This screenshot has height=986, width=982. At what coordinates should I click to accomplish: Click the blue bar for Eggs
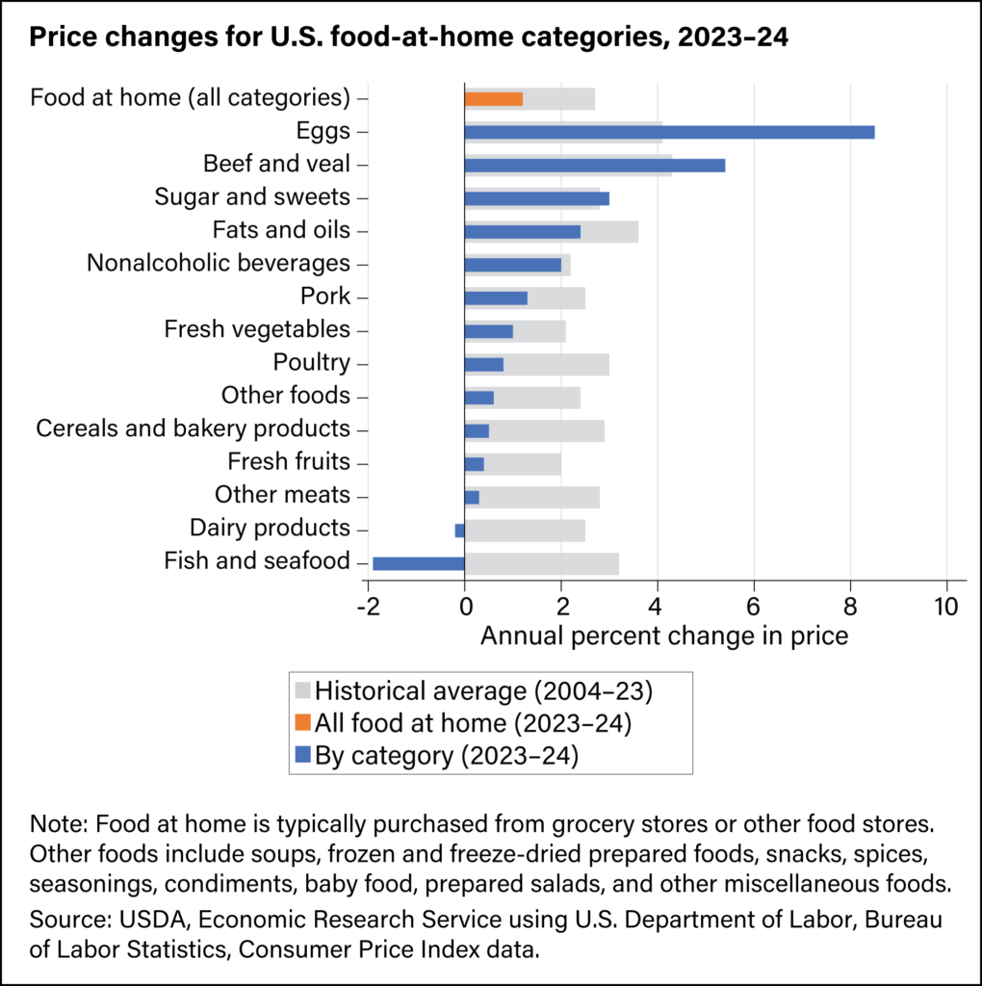[669, 132]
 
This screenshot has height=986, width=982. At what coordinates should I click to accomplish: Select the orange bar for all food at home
[493, 98]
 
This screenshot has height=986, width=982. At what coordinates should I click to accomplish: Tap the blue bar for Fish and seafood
[418, 563]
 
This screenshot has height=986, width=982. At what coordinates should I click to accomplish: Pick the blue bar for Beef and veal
[594, 165]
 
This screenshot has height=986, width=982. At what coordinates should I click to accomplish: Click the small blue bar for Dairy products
[459, 531]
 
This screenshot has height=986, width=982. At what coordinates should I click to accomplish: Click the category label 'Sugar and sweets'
[252, 197]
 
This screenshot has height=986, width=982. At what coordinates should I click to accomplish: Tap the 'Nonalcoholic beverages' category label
[219, 263]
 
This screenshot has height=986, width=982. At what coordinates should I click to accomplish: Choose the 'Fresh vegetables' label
[257, 329]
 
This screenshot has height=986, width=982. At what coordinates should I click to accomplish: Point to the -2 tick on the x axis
[367, 607]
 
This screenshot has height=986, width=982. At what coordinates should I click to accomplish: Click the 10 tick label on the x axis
[947, 607]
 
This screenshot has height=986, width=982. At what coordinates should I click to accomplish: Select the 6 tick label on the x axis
[754, 607]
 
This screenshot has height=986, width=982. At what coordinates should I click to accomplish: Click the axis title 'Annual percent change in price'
[664, 636]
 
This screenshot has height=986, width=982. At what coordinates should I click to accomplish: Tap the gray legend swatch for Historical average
[302, 690]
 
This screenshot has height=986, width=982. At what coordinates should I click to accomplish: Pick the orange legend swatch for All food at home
[302, 723]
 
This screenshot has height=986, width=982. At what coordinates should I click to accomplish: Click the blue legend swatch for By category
[302, 756]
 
